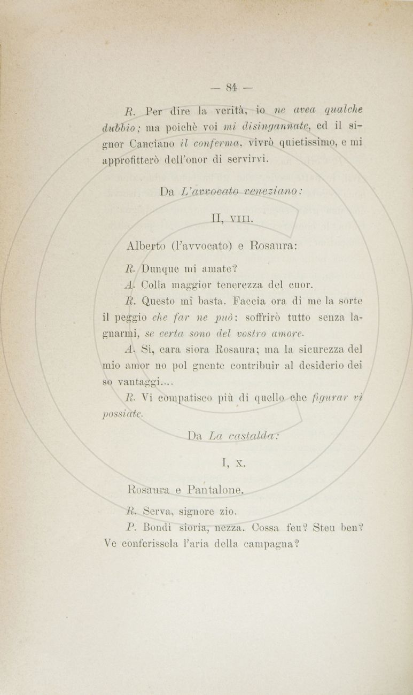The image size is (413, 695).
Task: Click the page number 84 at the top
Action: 231,87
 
